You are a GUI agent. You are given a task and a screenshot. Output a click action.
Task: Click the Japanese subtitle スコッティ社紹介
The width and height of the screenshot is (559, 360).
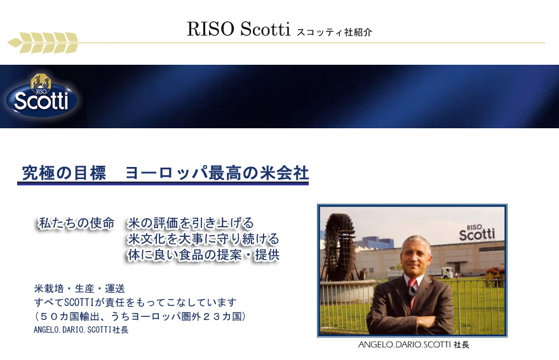[334, 32]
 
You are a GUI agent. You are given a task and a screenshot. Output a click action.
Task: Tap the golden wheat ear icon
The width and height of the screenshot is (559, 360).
[43, 43]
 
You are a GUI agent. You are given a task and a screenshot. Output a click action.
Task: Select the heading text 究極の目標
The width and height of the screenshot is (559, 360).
[64, 173]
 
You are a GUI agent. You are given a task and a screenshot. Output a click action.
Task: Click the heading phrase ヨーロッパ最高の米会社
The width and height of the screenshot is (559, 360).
[217, 173]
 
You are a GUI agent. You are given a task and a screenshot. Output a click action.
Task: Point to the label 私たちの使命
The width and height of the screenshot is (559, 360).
[76, 223]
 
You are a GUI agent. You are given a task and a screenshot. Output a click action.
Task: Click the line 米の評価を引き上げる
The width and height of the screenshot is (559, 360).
[191, 223]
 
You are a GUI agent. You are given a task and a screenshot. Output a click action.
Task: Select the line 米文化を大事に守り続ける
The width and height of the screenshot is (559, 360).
[203, 239]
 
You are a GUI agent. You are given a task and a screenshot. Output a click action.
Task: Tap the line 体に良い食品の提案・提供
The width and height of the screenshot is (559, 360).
[203, 255]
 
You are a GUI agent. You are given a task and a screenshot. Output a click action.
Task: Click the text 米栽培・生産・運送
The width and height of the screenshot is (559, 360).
[79, 288]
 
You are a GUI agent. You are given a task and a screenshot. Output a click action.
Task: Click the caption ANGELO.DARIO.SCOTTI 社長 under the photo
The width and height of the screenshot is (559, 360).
[414, 345]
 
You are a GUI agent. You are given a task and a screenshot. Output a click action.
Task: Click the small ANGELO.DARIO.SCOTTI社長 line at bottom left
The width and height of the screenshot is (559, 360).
[81, 330]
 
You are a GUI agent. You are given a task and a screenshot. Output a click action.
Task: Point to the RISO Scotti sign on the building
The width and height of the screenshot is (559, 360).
[476, 233]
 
